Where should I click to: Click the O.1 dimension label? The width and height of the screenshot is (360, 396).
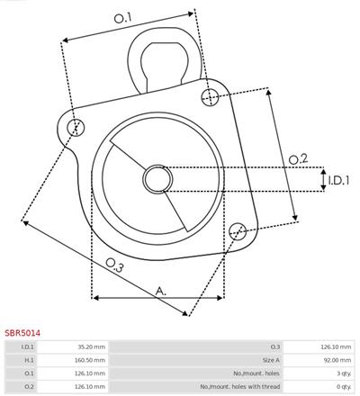coord(123,18)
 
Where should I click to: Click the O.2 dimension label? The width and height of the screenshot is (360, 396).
coord(298,158)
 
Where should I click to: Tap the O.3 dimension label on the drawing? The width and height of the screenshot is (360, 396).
coord(114,265)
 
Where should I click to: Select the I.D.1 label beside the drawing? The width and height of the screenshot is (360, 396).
coord(338,180)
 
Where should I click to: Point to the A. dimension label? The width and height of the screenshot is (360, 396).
coord(161,291)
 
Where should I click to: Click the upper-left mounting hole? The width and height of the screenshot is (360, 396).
coord(76,128)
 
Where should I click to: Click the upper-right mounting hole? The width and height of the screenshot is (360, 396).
coord(210,97)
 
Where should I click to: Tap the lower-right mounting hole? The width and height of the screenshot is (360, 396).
coord(238,231)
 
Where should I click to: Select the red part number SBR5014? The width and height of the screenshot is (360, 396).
coord(22,333)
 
